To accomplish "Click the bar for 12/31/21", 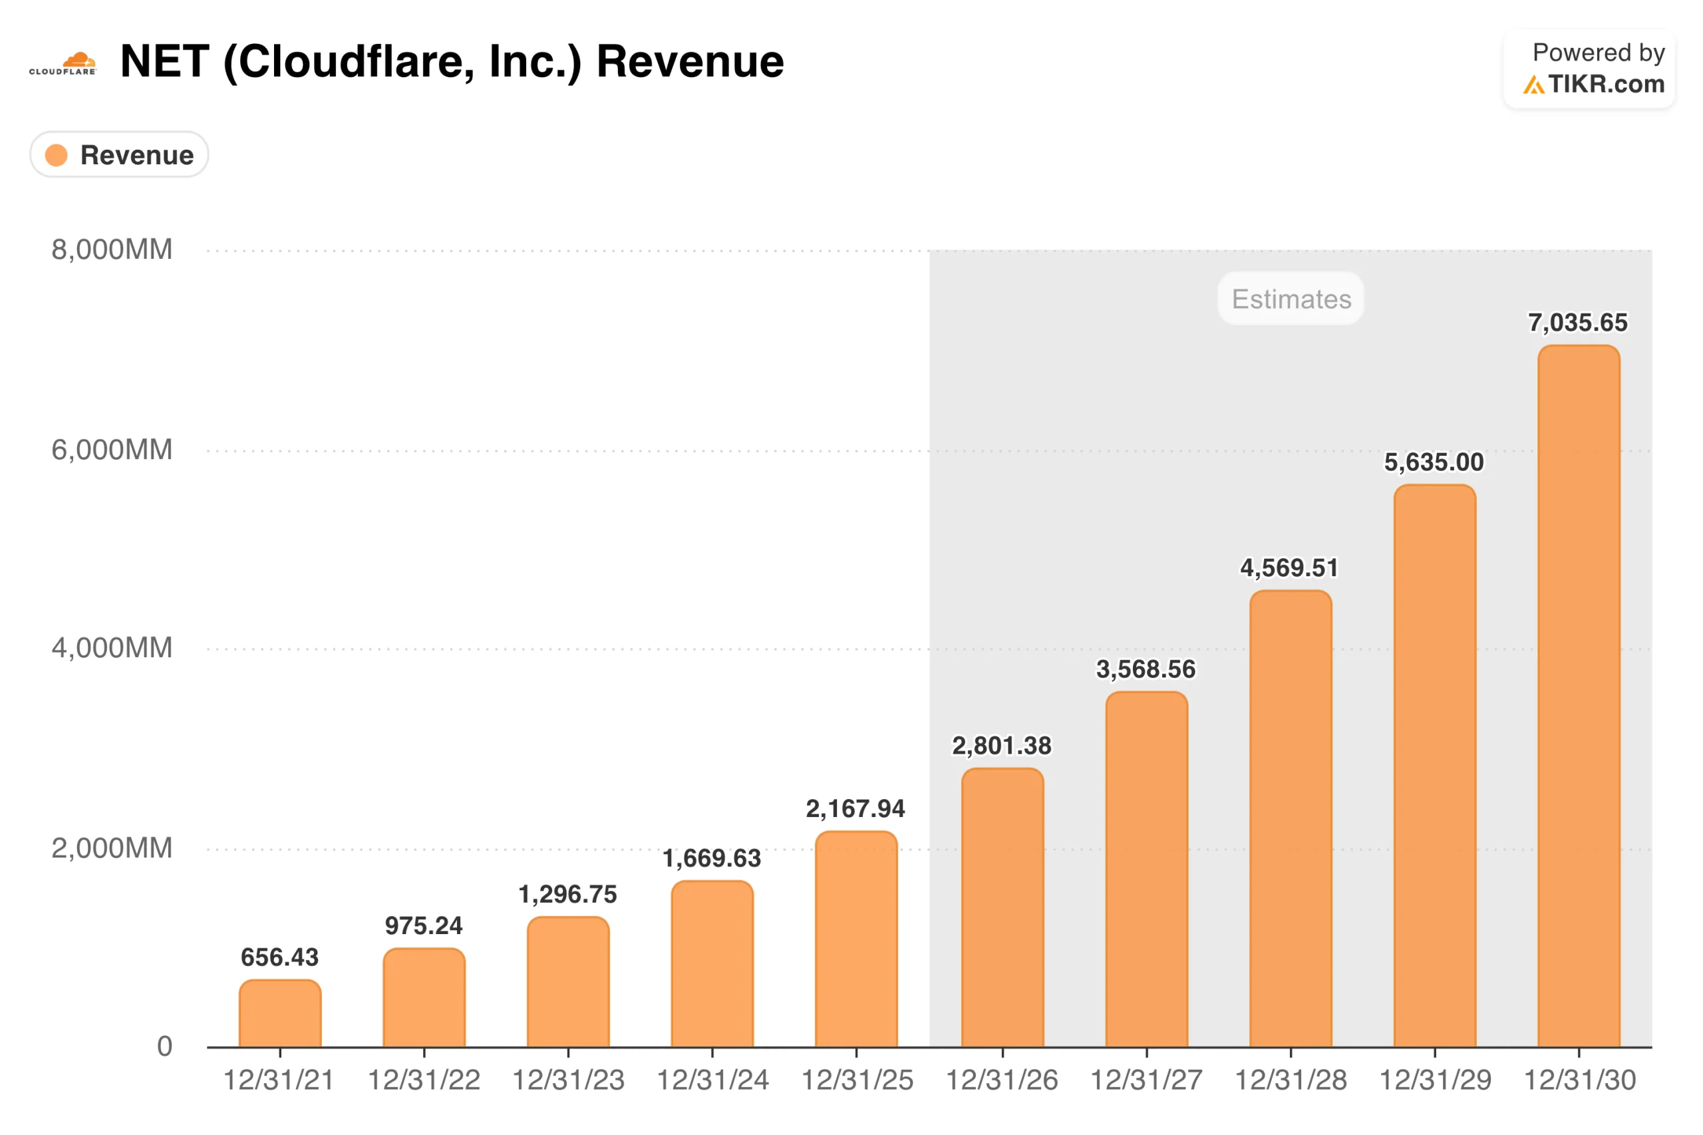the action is click(280, 1013).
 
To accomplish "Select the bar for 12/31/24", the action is click(712, 963).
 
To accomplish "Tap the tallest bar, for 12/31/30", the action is click(1579, 696).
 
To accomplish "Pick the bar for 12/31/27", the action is click(1146, 869).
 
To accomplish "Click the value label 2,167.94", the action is click(855, 808).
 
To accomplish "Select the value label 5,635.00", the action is click(1434, 462).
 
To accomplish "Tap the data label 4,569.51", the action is click(1290, 567).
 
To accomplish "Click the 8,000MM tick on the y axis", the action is click(112, 249).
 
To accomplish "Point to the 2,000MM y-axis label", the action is click(112, 848).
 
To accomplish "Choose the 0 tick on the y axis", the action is click(165, 1046).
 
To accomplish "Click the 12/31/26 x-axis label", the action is click(1002, 1080).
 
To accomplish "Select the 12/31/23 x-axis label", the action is click(568, 1080).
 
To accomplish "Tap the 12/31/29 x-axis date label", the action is click(1435, 1080).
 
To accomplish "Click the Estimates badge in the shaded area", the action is click(1291, 298).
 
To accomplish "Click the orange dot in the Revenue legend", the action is click(57, 155).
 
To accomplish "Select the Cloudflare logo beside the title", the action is click(63, 64).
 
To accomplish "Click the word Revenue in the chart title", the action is click(690, 61).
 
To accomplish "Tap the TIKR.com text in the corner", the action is click(1606, 84).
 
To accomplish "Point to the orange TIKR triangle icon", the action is click(1533, 85).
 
